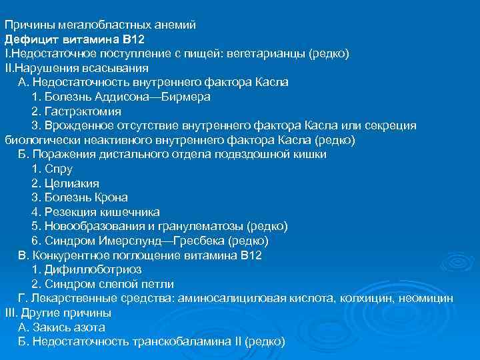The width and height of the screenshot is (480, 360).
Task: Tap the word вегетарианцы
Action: click(x=269, y=53)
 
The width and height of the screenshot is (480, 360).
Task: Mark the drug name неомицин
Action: click(x=431, y=299)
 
